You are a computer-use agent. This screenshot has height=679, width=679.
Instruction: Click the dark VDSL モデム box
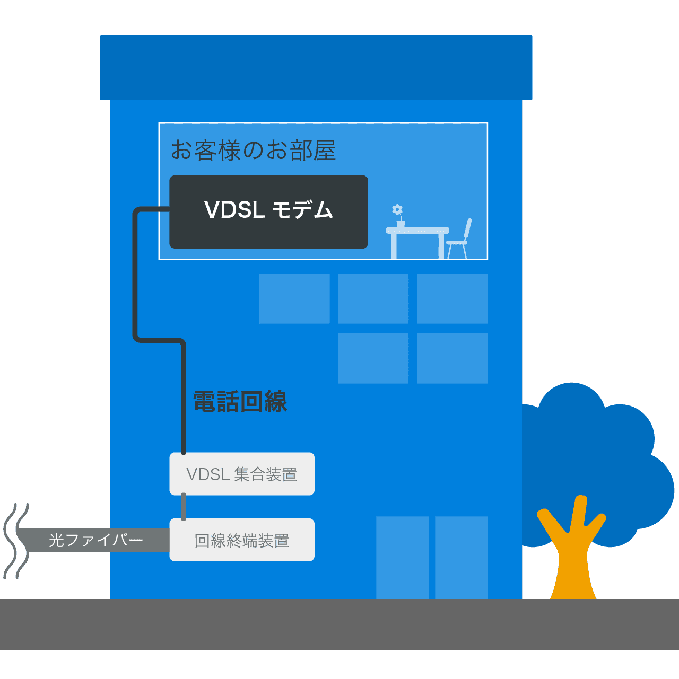(268, 211)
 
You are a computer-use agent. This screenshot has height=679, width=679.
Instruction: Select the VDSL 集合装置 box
(242, 474)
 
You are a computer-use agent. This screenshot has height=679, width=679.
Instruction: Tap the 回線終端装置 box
(242, 540)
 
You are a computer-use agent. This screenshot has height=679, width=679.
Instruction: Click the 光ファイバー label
(96, 540)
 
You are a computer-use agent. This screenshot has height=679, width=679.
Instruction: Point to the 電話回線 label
(240, 402)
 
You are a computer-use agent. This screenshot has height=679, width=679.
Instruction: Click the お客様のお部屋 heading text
(253, 151)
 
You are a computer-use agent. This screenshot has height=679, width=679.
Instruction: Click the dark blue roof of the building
(316, 67)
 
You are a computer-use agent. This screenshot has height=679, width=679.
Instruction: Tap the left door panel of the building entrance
(402, 558)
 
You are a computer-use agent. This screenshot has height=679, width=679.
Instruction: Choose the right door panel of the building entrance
(461, 558)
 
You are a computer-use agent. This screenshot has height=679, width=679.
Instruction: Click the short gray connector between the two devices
(184, 507)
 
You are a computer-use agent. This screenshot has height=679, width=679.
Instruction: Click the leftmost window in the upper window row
(294, 298)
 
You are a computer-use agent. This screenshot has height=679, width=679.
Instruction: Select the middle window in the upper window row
(373, 298)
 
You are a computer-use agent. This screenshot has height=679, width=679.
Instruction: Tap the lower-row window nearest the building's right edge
(452, 358)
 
